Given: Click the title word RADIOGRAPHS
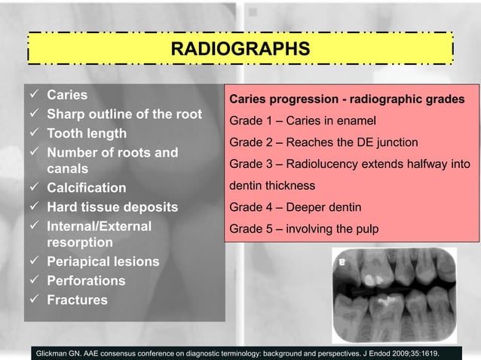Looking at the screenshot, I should [240, 50].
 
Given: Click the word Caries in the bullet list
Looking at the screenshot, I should [67, 96].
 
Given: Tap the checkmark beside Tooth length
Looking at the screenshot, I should [35, 133].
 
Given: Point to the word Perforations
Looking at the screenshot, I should [86, 281].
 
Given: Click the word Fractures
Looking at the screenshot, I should [77, 300].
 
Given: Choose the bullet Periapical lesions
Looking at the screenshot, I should [103, 262].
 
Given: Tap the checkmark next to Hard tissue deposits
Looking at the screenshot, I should [35, 207].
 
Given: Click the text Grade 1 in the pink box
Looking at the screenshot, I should [251, 121].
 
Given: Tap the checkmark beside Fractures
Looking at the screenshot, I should [35, 300].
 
